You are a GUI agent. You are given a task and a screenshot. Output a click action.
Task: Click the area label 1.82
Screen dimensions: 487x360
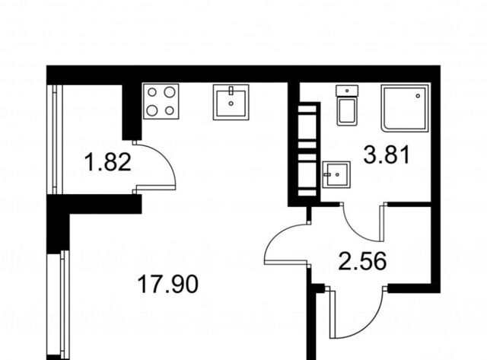[108, 162]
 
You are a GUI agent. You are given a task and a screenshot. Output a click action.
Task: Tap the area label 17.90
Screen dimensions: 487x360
[167, 285]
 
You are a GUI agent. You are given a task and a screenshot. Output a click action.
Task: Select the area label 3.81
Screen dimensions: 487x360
[387, 155]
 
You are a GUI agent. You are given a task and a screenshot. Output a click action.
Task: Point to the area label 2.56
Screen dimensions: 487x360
[363, 261]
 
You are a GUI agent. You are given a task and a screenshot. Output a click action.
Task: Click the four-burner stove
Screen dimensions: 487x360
[161, 101]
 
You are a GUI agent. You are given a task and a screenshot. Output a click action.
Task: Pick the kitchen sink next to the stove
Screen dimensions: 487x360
[231, 102]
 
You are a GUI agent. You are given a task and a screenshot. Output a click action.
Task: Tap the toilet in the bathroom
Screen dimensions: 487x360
[347, 105]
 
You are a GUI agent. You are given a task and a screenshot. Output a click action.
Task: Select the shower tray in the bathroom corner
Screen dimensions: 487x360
[405, 107]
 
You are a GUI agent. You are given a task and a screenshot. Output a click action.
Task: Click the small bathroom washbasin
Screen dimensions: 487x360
[336, 174]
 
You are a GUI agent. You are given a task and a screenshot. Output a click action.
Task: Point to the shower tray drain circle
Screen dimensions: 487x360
[419, 97]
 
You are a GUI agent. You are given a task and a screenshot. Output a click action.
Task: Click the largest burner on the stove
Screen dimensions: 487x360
[170, 92]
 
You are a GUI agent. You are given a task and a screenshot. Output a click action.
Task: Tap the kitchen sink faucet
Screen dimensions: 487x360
[231, 91]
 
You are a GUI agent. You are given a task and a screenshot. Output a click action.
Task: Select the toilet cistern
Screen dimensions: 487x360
[347, 91]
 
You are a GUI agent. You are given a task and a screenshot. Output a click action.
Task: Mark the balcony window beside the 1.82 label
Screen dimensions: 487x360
[55, 139]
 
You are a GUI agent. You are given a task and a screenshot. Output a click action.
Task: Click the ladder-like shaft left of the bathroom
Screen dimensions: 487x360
[307, 150]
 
